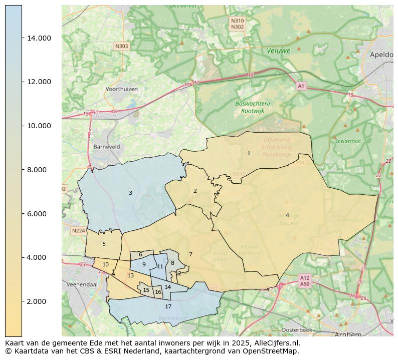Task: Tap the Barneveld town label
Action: [106, 147]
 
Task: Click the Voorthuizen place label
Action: [121, 89]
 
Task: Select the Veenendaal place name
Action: [82, 284]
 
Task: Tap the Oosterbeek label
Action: [297, 330]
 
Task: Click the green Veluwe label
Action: [278, 51]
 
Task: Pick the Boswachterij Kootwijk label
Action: [253, 107]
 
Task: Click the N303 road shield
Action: [122, 46]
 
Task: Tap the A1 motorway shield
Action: [301, 86]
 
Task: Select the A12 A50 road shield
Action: [305, 280]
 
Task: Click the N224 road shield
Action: [78, 231]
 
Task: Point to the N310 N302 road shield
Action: [238, 24]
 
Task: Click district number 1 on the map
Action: [249, 153]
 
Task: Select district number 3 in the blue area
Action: [130, 193]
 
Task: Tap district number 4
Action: [287, 215]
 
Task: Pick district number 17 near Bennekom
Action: [168, 306]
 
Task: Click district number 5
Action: [104, 244]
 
